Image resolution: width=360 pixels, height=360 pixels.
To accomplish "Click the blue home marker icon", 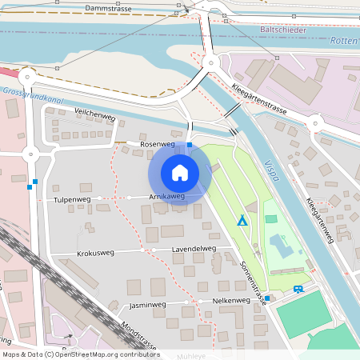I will (x=179, y=172).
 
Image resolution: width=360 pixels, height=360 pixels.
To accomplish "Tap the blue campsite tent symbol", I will (x=242, y=219).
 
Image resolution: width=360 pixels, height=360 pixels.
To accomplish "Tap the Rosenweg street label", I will (x=157, y=144).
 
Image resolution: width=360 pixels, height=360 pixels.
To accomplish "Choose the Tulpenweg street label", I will (x=72, y=199).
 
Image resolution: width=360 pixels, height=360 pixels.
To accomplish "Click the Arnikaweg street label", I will (x=166, y=196).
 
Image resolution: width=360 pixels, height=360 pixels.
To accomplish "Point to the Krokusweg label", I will (x=95, y=253).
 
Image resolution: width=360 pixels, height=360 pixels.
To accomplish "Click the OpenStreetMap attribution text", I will (x=81, y=354).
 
